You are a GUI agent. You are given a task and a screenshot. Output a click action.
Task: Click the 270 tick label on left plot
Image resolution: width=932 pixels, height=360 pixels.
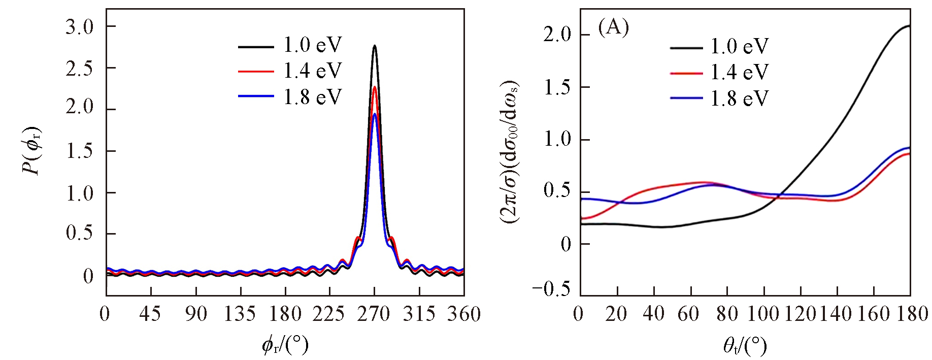373,314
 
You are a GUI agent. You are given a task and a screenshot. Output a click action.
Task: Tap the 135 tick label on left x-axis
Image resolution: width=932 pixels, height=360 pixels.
240,314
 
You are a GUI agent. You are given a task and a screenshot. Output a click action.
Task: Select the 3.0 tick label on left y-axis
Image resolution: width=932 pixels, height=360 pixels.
80,27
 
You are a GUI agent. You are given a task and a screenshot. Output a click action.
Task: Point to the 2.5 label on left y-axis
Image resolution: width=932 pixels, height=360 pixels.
80,69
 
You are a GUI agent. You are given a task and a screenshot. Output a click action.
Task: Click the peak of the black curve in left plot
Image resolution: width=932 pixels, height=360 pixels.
375,46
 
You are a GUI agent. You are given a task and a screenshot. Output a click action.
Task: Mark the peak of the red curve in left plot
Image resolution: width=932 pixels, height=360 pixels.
375,87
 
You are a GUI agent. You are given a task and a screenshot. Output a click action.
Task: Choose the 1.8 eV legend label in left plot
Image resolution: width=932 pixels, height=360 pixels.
313,97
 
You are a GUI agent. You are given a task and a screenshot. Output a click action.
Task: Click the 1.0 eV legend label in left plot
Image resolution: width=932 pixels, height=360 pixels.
313,45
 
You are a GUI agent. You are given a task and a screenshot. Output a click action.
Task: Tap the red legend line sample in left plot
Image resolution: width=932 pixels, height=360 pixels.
256,72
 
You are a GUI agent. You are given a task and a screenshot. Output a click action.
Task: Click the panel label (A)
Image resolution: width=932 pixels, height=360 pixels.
614,27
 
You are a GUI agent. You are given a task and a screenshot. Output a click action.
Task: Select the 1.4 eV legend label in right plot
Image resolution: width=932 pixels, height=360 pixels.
739,73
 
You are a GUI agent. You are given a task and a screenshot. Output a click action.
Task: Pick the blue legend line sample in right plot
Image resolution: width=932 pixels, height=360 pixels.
686,98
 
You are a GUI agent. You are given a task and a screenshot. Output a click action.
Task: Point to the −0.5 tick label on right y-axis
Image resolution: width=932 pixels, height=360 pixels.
551,289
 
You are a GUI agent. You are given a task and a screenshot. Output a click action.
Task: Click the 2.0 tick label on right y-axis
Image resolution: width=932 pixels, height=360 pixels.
557,35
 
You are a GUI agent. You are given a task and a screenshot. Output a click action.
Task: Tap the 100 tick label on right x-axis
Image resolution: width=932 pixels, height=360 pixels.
763,314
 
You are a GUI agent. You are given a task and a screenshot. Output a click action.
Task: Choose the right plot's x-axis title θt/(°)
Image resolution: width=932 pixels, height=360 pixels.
745,346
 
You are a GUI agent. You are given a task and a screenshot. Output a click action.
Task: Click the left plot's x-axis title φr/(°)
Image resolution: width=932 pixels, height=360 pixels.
285,345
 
